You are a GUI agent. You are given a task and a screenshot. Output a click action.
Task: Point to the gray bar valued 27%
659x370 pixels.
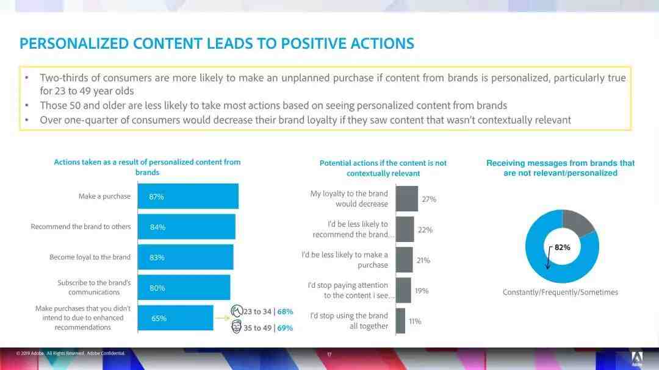[406, 199]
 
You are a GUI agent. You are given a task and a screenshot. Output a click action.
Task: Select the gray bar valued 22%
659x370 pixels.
[405, 229]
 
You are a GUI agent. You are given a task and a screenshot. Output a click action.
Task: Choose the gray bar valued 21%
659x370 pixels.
[404, 260]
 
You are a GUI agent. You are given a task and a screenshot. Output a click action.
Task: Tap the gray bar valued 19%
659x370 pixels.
[403, 290]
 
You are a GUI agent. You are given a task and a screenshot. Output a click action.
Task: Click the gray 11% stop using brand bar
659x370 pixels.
[400, 321]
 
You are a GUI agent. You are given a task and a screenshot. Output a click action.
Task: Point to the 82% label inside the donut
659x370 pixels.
[562, 247]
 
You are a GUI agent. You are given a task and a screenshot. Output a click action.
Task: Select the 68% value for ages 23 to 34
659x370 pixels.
[285, 311]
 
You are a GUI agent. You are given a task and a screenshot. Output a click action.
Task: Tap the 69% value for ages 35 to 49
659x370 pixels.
[285, 328]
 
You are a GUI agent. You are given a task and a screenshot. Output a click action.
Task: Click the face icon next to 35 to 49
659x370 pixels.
[237, 327]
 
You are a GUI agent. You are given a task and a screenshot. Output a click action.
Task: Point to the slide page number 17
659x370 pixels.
[329, 354]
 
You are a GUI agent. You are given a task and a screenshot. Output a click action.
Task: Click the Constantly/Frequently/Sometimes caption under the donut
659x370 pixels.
[560, 293]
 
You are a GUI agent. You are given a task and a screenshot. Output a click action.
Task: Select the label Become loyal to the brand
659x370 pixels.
[90, 257]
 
